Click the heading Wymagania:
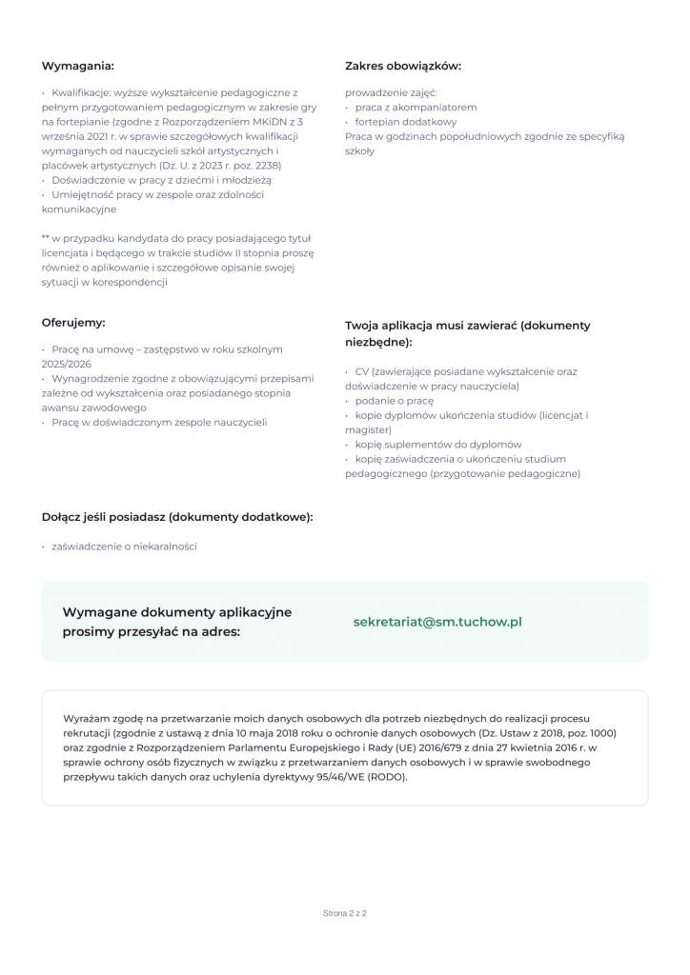(77, 66)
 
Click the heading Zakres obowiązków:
(402, 66)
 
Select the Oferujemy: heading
(73, 323)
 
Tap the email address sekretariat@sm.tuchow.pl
(437, 622)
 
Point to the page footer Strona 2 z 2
(345, 913)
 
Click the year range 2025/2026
(67, 364)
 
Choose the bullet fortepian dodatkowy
(406, 122)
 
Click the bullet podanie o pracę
(395, 401)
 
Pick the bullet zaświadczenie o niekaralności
(124, 547)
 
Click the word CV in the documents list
(361, 371)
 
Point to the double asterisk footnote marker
(46, 238)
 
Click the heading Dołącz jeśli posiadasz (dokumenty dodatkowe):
(177, 517)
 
